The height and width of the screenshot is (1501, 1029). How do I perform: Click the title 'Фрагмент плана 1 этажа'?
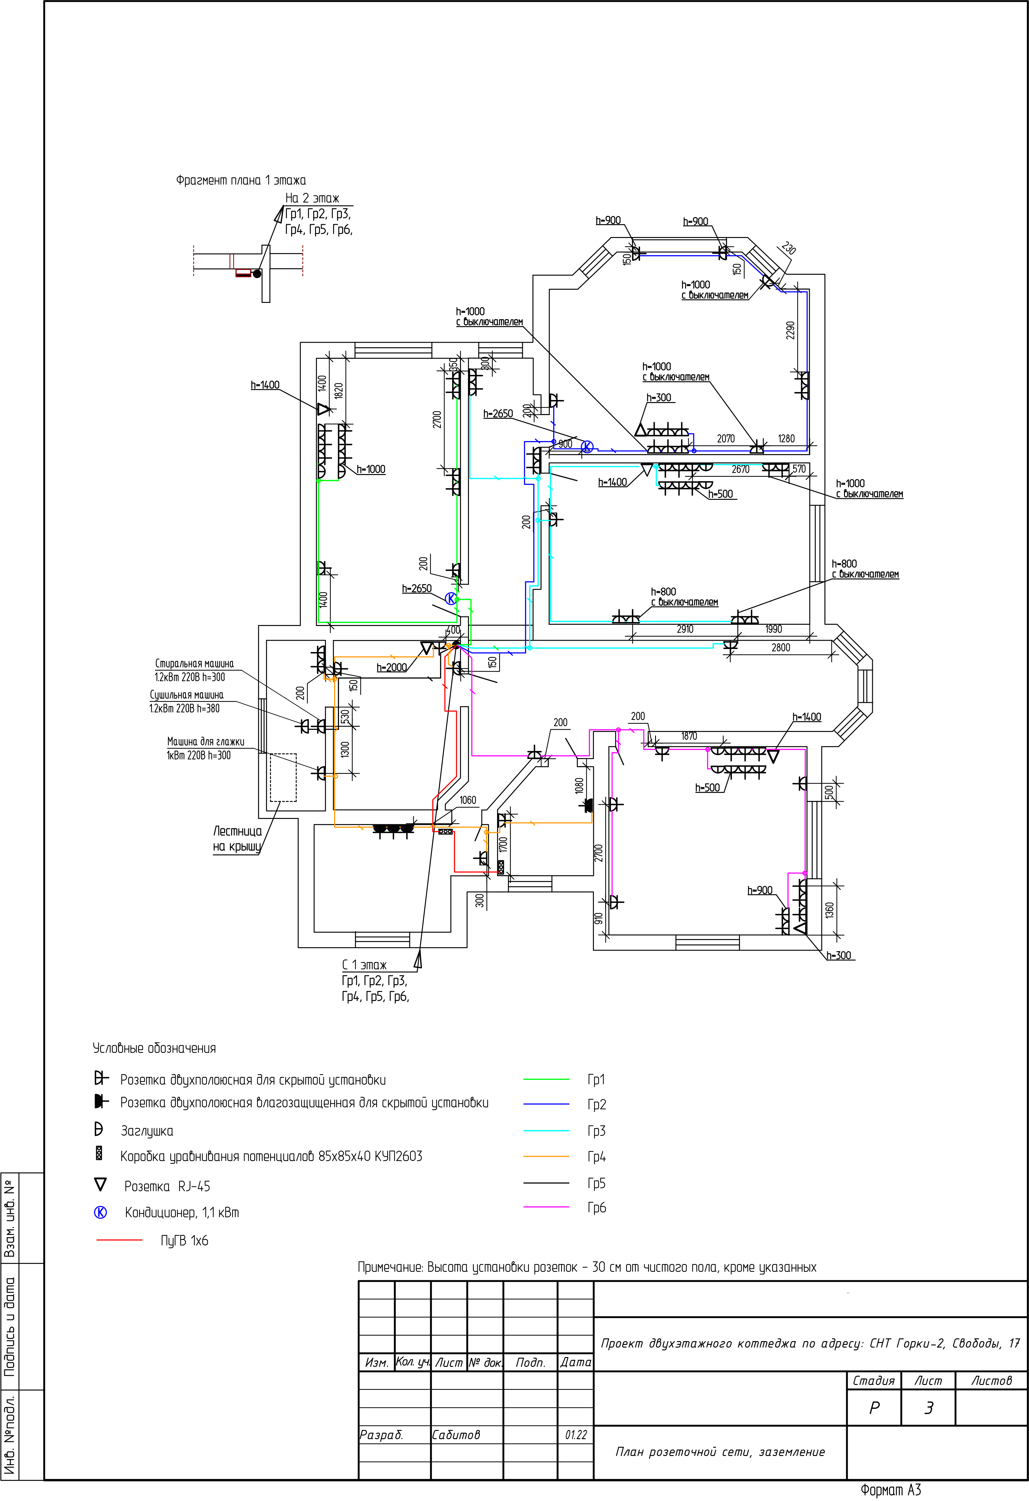click(241, 180)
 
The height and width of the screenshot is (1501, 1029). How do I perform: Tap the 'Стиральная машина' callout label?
click(194, 663)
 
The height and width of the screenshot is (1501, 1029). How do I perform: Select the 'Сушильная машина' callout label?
click(187, 695)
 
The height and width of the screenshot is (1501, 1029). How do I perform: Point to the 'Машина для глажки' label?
click(205, 741)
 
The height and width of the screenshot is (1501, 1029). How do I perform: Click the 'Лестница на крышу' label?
click(238, 838)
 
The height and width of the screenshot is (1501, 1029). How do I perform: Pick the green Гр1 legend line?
click(546, 1079)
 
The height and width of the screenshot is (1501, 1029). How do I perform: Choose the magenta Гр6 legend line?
click(546, 1206)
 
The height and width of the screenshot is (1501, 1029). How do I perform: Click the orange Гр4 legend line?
click(546, 1156)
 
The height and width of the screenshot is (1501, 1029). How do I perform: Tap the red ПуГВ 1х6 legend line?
click(119, 1240)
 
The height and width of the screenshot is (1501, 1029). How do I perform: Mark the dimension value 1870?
click(689, 736)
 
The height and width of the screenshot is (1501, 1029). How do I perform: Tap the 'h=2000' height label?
click(392, 667)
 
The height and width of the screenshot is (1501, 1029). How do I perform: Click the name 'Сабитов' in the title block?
click(456, 1435)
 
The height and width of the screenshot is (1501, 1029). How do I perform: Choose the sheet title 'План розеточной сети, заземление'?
click(720, 1452)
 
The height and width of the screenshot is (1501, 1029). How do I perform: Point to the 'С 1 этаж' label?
click(364, 965)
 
